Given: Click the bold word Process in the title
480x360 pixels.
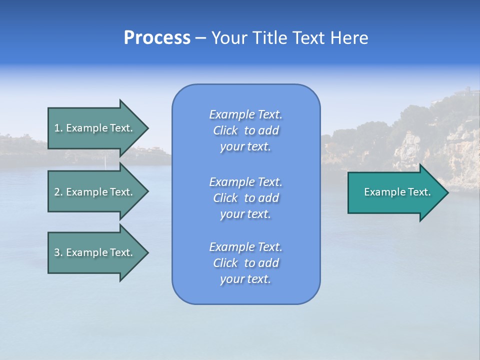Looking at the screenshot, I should click(x=157, y=38).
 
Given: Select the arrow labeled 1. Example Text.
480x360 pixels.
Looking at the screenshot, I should click(x=95, y=128).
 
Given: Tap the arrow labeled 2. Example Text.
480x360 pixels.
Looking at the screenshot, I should click(x=95, y=192).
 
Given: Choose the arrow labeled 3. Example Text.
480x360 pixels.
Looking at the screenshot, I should click(x=95, y=252).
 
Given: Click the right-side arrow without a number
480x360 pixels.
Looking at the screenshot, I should click(x=395, y=192).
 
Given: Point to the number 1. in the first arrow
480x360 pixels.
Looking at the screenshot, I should click(x=58, y=128).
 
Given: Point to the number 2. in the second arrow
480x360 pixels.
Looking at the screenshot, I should click(x=58, y=192).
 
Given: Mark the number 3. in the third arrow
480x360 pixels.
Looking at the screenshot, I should click(x=58, y=252).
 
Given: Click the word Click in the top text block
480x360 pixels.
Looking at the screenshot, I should click(x=225, y=130).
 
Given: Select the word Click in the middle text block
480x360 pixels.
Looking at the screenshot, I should click(x=225, y=198).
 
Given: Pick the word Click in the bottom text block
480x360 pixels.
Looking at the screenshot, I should click(x=225, y=263).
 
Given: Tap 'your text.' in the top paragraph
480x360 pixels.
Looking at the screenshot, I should click(x=245, y=147).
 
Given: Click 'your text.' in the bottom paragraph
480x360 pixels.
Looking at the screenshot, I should click(x=245, y=279).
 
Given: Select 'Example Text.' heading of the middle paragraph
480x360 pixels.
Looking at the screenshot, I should click(x=245, y=182).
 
